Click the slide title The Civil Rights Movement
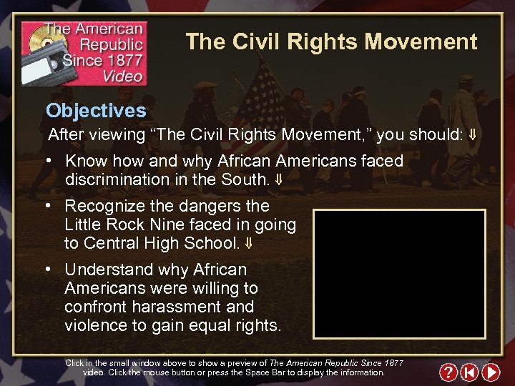[x=331, y=42]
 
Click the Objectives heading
[x=96, y=111]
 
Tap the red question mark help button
[x=448, y=372]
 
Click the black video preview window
[x=399, y=274]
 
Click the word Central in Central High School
[x=112, y=243]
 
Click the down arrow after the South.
[x=278, y=180]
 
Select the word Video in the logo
[x=122, y=75]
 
